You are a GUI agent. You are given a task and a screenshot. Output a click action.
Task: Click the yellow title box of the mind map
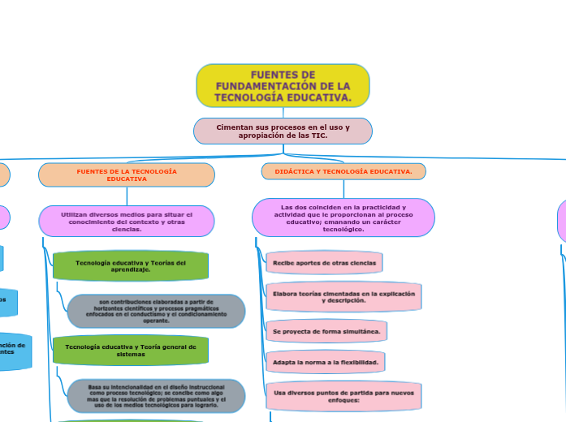click(x=283, y=85)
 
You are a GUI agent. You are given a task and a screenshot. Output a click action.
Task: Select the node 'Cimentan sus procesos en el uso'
click(x=283, y=131)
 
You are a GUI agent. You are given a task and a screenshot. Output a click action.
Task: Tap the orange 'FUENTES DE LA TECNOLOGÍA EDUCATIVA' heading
click(x=127, y=174)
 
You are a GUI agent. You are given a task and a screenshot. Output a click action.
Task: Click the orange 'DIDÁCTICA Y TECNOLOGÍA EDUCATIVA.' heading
click(x=343, y=171)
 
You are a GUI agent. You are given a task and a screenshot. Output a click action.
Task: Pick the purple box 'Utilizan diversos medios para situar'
click(x=127, y=221)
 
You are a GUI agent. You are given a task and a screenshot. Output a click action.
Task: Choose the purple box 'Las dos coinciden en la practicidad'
click(x=343, y=217)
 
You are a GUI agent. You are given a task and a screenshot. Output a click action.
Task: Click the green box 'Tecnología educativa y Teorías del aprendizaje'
click(x=130, y=266)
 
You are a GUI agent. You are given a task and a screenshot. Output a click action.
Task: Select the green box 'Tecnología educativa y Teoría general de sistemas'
click(x=130, y=350)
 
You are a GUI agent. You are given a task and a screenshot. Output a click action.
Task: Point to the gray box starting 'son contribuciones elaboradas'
click(x=157, y=311)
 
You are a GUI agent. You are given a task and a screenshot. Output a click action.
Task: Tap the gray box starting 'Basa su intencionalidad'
click(x=157, y=396)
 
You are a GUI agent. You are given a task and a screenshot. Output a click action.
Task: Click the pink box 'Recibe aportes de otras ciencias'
click(x=324, y=263)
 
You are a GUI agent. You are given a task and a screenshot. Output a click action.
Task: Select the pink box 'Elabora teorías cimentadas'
click(x=343, y=296)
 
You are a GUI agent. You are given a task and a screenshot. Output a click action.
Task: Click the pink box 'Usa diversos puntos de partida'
click(x=343, y=395)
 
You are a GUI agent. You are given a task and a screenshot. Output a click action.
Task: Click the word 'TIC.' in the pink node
click(x=318, y=136)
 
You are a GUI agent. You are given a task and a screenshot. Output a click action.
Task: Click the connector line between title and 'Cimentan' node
click(x=283, y=112)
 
